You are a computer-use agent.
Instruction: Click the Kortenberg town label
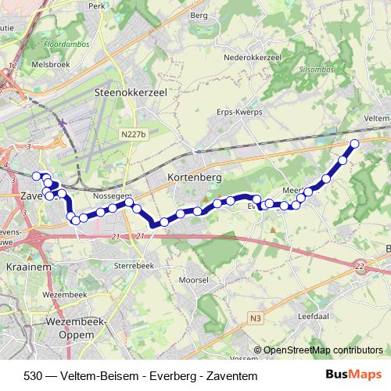(195, 178)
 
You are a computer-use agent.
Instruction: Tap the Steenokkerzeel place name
(131, 91)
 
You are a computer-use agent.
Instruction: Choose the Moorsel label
(193, 278)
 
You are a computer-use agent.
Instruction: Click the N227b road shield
(134, 135)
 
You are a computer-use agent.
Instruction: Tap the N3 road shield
(256, 317)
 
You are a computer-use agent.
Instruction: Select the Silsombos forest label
(300, 70)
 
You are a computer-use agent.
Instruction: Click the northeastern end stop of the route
(354, 143)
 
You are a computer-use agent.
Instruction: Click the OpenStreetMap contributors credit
(322, 350)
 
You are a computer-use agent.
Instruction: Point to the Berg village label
(199, 15)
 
